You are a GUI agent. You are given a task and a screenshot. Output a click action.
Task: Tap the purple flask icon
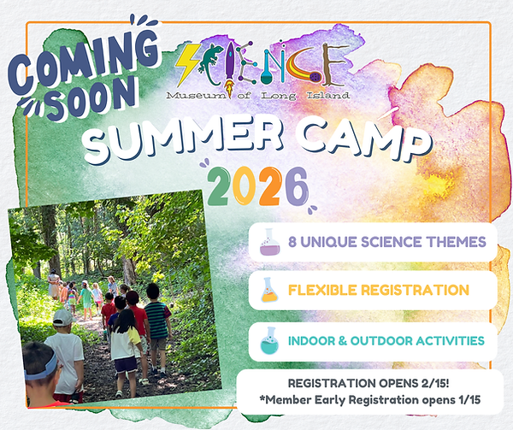tap(268, 243)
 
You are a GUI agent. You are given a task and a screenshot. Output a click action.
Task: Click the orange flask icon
tap(268, 292)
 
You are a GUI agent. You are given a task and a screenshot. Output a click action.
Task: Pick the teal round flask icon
tap(268, 340)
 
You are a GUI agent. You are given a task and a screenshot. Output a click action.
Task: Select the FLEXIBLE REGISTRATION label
tap(378, 291)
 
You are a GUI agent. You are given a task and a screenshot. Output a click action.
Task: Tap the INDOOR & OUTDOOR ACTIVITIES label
tap(386, 340)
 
